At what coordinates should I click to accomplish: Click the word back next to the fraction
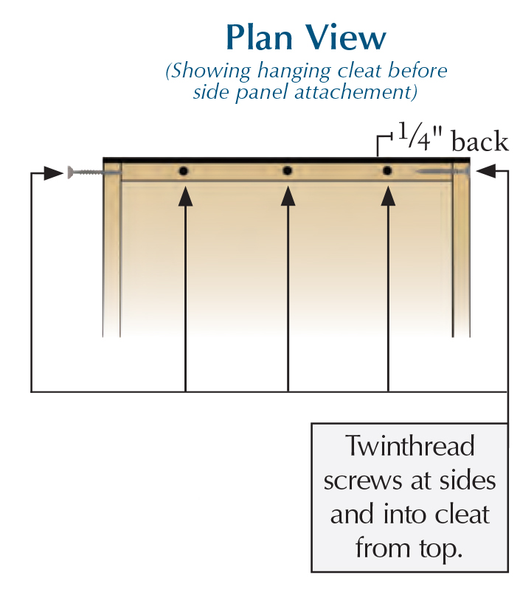coord(479,142)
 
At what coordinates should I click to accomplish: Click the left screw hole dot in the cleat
coord(184,171)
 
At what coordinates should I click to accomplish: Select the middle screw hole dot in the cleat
coord(288,171)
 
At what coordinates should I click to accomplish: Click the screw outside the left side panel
coord(86,172)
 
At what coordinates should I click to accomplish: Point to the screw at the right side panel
coord(443,172)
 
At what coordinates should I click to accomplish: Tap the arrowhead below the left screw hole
coord(184,195)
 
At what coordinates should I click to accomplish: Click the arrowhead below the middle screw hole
coord(288,195)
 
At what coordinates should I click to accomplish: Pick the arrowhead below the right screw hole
coord(388,195)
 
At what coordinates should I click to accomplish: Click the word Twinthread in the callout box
coord(410,447)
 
